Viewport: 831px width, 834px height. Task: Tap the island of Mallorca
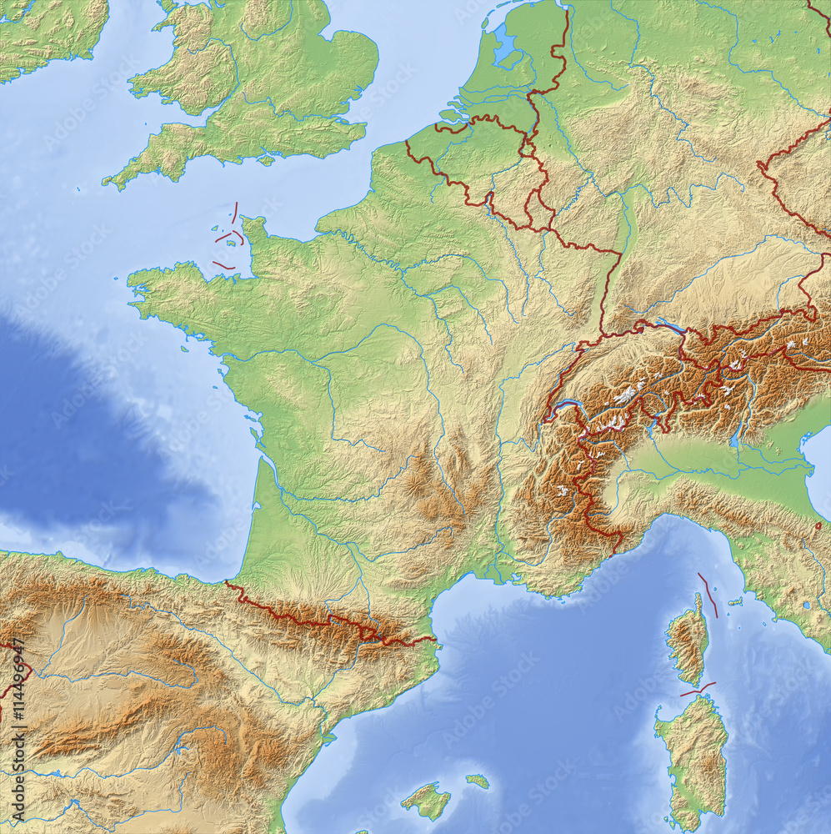(x=426, y=801)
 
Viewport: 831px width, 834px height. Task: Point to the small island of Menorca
(x=478, y=781)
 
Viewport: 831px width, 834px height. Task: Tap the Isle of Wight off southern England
(x=266, y=160)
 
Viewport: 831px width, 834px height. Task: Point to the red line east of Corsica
(x=708, y=594)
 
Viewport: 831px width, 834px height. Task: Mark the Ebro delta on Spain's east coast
(x=331, y=738)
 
